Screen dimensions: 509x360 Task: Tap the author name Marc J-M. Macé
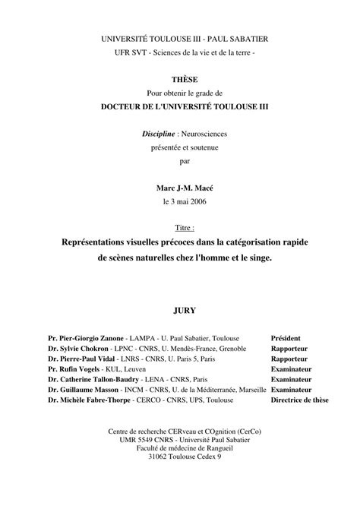[x=179, y=187]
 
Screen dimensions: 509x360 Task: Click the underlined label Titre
[x=184, y=227]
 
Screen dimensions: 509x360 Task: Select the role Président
[x=286, y=338]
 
